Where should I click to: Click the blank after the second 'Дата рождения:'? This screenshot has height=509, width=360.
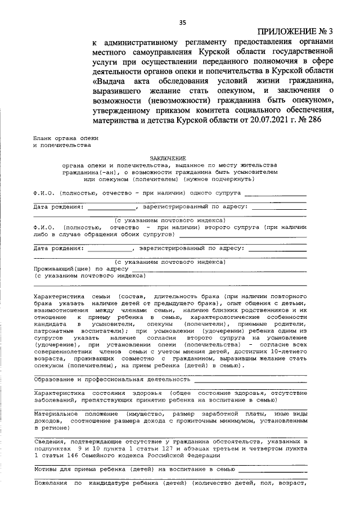tap(107, 248)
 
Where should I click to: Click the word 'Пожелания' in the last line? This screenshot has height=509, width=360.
tap(50, 483)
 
